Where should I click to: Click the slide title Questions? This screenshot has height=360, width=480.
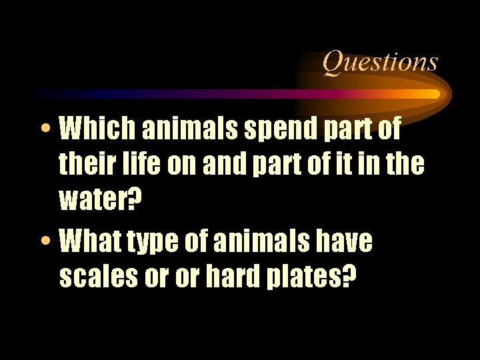tap(380, 61)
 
